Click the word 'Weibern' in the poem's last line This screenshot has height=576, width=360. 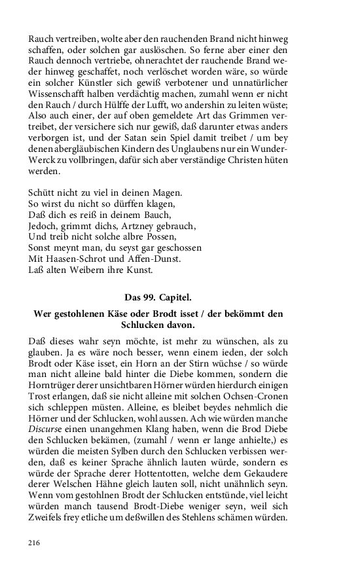[x=81, y=270]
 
